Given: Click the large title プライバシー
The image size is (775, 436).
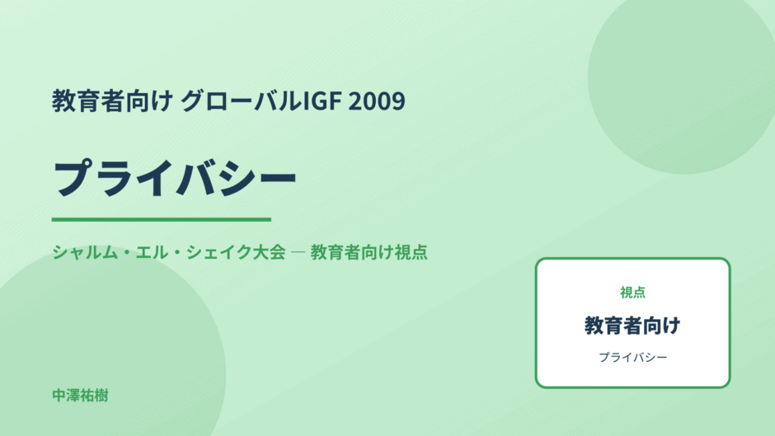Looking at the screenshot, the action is [175, 178].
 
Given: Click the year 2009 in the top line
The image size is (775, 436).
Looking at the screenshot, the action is [377, 101].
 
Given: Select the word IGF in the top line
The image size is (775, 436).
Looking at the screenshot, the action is [322, 101].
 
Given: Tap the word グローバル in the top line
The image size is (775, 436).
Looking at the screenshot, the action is [241, 101].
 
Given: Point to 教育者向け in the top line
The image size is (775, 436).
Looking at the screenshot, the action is [112, 101].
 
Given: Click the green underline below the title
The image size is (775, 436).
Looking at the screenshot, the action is [162, 219].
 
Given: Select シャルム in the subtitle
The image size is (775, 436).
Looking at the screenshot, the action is [86, 252].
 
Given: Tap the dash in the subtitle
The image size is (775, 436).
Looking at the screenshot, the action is [298, 252].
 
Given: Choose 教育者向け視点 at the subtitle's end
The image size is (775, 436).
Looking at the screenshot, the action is [369, 252].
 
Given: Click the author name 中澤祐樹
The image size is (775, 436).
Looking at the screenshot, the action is [80, 396].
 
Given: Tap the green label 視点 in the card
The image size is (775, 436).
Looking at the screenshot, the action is [632, 293].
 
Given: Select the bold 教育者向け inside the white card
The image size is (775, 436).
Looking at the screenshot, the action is [632, 326].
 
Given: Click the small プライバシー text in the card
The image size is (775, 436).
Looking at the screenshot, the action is [632, 357].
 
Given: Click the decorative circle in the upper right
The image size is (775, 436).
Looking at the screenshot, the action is [682, 79].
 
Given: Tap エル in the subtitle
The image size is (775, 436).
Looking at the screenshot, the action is [153, 252].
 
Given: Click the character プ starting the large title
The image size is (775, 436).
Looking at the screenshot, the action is [73, 178].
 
